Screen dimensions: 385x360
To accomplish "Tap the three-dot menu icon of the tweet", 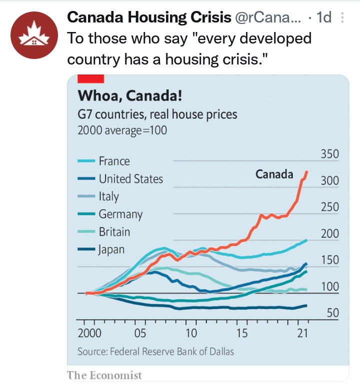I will [342, 17].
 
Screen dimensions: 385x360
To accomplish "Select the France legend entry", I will [114, 161].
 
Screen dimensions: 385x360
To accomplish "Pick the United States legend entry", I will [130, 178].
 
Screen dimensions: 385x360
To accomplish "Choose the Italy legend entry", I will [108, 196].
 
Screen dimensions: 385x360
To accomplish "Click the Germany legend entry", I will [120, 214].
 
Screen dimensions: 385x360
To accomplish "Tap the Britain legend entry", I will [114, 231].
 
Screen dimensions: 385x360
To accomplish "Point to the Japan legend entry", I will [111, 249].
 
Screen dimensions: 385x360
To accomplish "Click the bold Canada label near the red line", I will [274, 174].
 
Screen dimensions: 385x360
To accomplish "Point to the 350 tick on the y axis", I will [329, 154].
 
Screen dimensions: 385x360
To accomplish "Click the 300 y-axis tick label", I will [329, 180].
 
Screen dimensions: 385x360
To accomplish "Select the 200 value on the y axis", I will [329, 233].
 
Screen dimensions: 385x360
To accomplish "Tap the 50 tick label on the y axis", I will [332, 313].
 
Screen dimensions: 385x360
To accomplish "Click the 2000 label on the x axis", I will [89, 333].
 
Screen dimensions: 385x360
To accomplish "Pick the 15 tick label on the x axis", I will [242, 333].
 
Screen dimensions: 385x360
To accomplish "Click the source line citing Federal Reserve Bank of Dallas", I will [155, 351].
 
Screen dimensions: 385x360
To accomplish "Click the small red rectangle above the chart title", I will [90, 78].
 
